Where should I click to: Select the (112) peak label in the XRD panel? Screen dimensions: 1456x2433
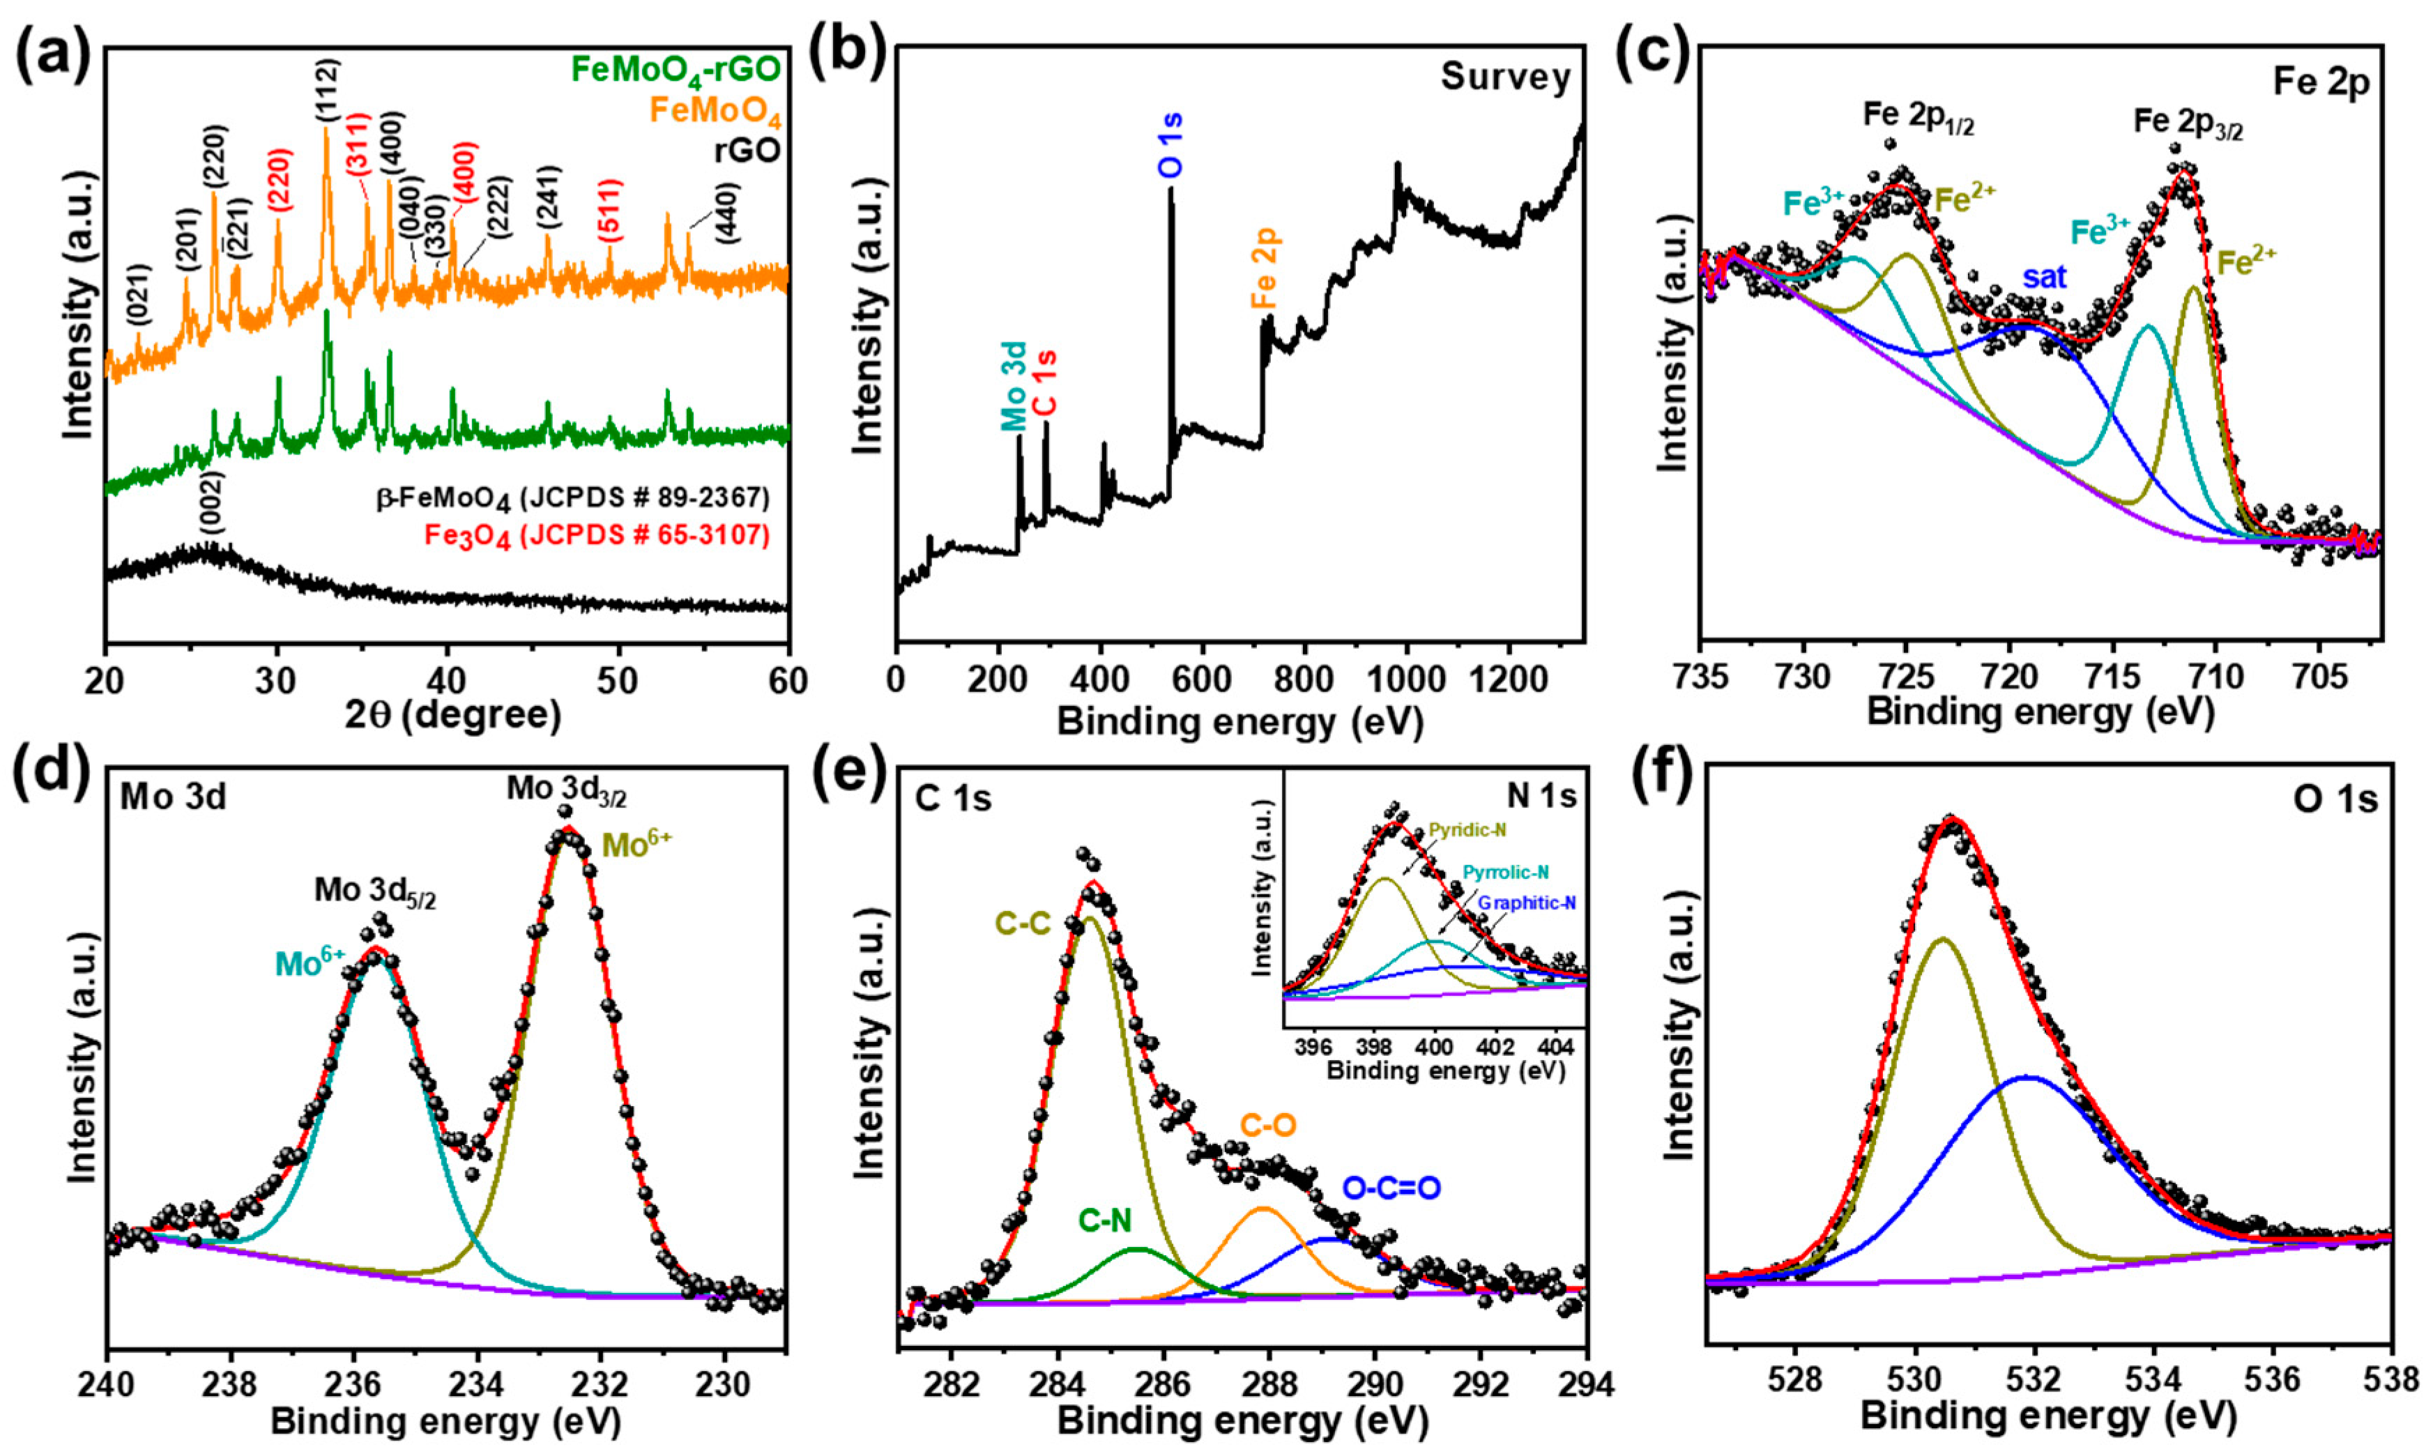point(328,91)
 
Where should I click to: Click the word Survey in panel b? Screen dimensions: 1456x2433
point(1506,77)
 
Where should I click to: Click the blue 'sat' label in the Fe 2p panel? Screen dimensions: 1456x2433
point(2045,277)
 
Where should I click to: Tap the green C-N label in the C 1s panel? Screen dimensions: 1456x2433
point(1105,1220)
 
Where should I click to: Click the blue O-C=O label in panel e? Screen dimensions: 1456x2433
point(1391,1188)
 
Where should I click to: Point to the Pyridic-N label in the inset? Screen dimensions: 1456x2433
point(1467,831)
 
